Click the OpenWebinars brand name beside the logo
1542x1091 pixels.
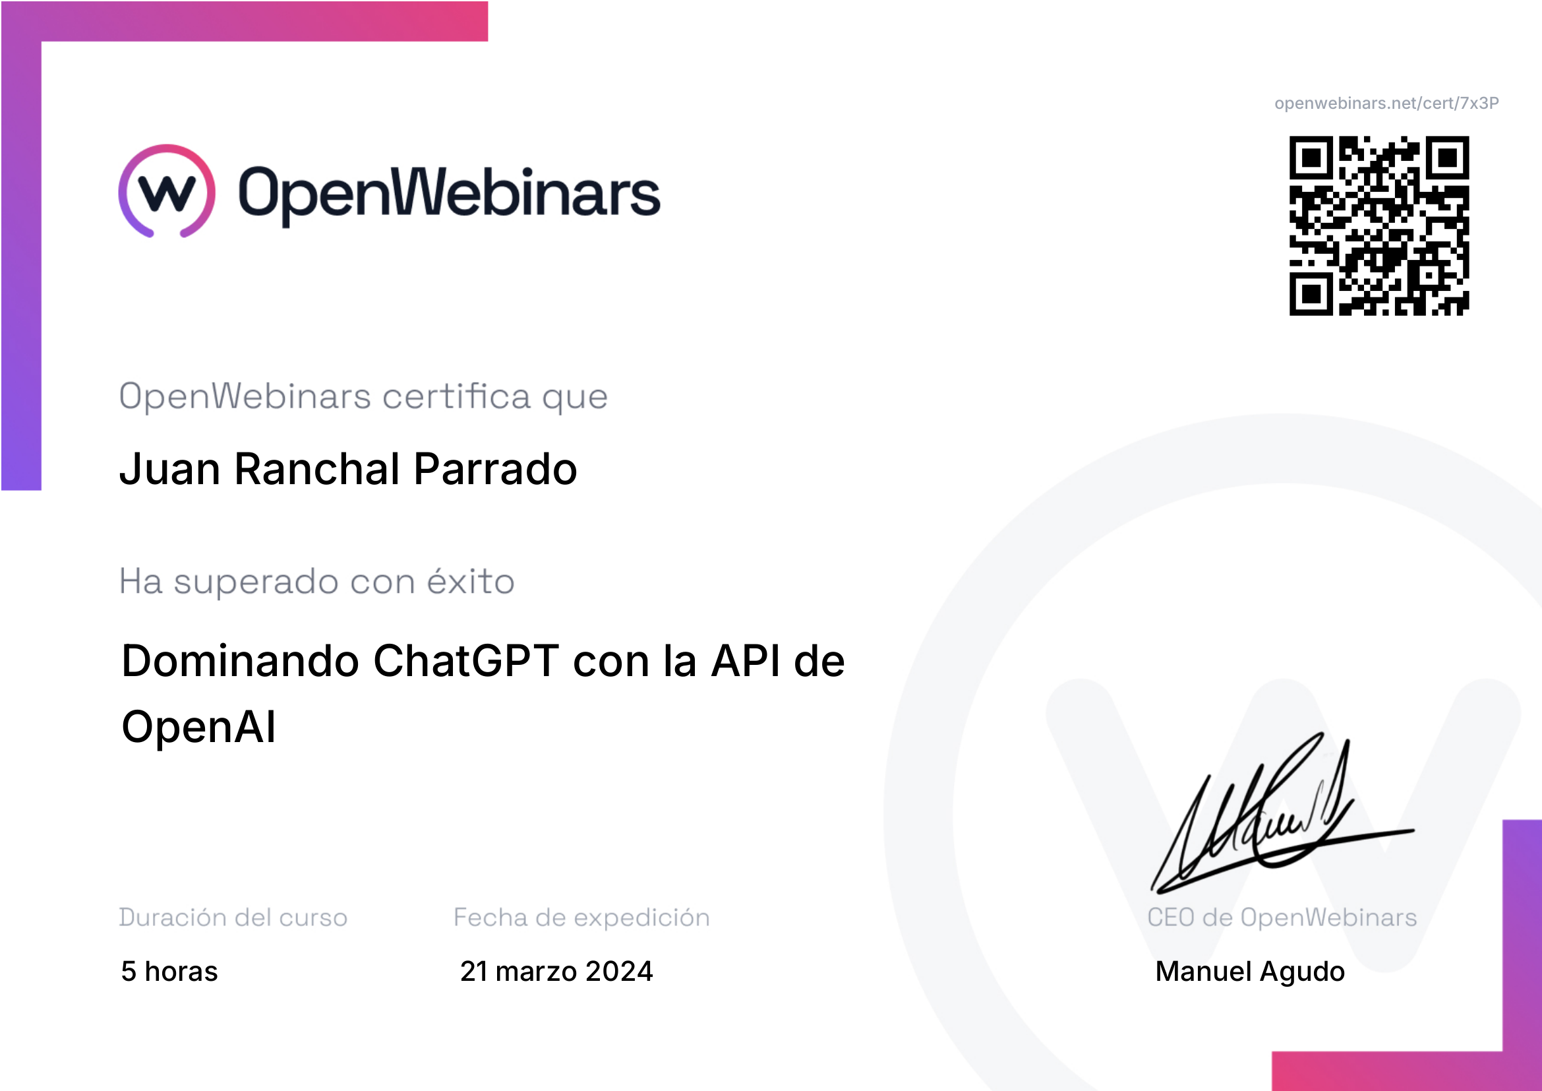(x=450, y=194)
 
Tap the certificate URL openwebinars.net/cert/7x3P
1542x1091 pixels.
(x=1386, y=104)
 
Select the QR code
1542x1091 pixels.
(x=1379, y=226)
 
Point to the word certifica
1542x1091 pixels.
(x=457, y=396)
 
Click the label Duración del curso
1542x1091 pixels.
(x=233, y=917)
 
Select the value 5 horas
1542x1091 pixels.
(x=169, y=972)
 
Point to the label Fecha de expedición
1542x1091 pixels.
(x=581, y=918)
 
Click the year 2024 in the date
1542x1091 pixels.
(x=618, y=972)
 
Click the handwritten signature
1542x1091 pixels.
(x=1282, y=813)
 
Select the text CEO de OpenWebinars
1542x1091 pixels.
(x=1282, y=917)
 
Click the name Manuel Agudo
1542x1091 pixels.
(x=1250, y=972)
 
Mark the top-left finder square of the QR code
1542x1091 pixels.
(x=1311, y=158)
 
